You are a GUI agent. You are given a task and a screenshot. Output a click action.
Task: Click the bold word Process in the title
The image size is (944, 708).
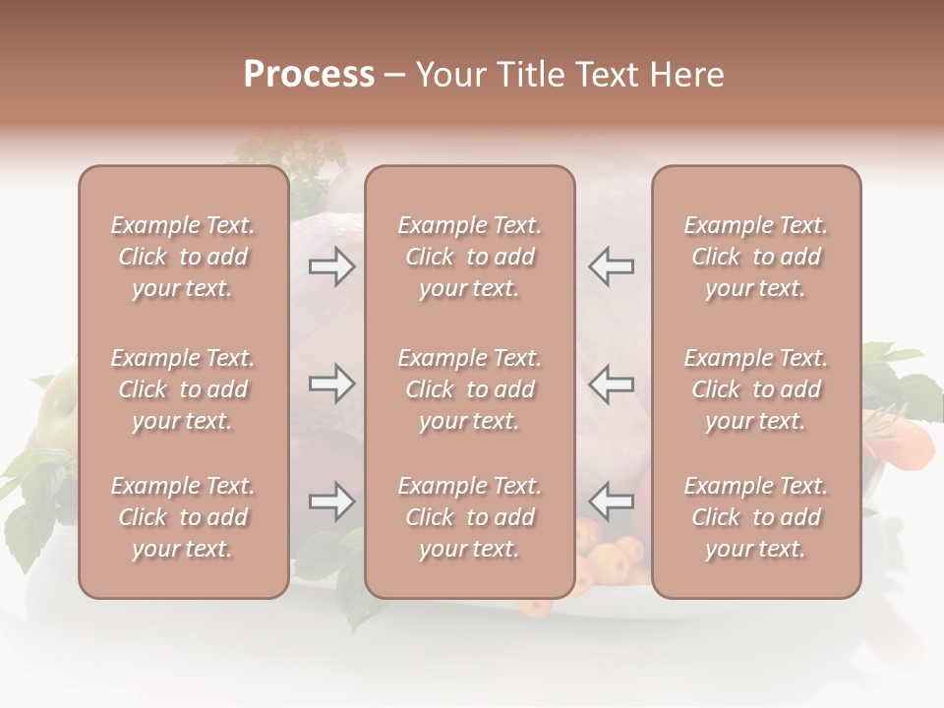[x=309, y=75]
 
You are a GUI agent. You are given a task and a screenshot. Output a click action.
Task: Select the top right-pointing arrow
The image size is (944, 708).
[x=331, y=266]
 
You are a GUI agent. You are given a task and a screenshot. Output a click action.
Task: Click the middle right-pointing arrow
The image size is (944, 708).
[x=331, y=383]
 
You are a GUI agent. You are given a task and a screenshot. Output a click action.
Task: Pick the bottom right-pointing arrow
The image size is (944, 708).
[x=331, y=501]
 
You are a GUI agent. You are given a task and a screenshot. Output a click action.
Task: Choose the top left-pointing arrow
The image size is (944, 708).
[x=612, y=266]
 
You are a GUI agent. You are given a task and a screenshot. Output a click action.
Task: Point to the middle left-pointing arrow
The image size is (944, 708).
[x=612, y=383]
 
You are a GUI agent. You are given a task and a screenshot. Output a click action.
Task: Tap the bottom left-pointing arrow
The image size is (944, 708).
[x=612, y=501]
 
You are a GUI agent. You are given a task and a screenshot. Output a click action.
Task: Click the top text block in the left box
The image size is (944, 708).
[x=183, y=257]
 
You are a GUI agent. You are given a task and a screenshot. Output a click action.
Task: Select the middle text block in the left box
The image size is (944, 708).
[x=183, y=389]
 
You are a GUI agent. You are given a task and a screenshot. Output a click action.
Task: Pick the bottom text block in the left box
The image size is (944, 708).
[x=183, y=517]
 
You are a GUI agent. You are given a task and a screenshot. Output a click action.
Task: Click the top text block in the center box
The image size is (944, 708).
[x=470, y=257]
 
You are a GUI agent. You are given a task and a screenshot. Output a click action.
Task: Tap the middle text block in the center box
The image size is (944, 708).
[x=470, y=389]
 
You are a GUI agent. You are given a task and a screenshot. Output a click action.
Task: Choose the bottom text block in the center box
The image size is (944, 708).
[x=470, y=517]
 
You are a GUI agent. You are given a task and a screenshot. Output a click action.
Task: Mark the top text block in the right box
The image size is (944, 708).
[x=756, y=257]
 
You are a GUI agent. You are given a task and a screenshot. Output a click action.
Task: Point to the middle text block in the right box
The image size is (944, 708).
[x=756, y=389]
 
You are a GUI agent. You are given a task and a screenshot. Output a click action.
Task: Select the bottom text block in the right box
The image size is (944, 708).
[x=756, y=517]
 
